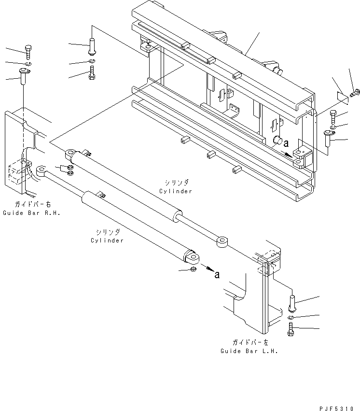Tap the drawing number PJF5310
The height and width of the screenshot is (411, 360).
[339, 409]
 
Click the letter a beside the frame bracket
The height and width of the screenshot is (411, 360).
[287, 143]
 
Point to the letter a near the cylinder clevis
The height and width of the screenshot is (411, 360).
[217, 275]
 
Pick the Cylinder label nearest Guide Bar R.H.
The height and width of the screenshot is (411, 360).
[107, 240]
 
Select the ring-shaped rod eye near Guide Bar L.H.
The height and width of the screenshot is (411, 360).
[222, 241]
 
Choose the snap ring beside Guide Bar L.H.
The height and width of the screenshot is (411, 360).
[291, 317]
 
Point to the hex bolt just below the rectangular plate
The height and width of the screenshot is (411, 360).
[332, 117]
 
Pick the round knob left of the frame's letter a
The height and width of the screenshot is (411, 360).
[277, 142]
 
